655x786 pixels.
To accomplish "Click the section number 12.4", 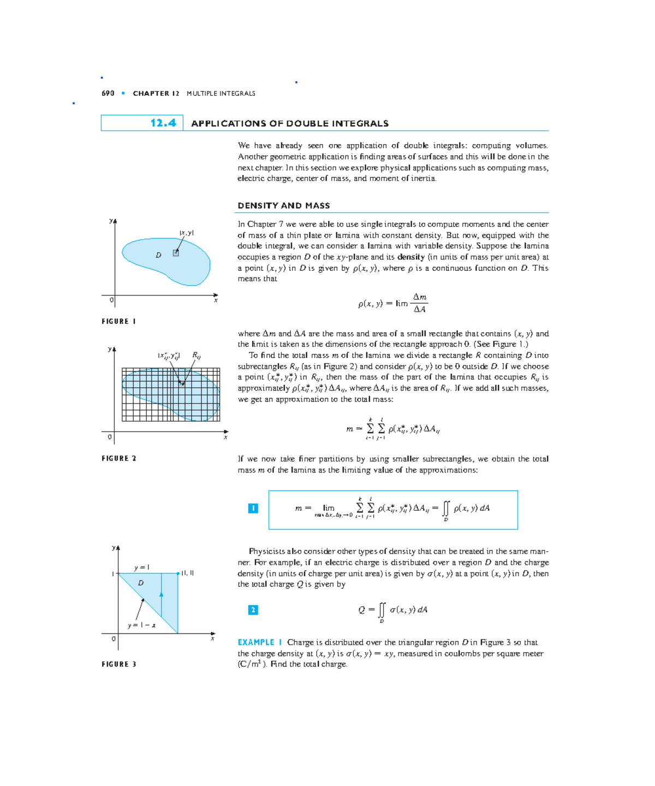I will tap(163, 123).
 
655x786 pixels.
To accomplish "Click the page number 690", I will tap(108, 93).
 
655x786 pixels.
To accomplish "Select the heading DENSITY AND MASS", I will tap(284, 206).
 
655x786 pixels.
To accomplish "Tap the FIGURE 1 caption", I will tap(118, 322).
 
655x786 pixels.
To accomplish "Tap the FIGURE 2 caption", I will tap(118, 459).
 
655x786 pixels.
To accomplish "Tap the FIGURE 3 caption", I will tap(118, 665).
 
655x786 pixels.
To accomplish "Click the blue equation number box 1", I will tap(253, 509).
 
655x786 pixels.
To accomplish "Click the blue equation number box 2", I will tap(253, 610).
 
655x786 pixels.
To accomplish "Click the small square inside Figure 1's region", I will tap(176, 253).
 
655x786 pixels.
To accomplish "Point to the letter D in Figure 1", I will tap(158, 255).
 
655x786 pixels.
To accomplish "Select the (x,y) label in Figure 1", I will tap(187, 233).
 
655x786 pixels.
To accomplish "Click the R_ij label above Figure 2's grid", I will tap(196, 356).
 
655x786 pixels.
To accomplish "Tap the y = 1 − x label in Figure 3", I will tap(141, 625).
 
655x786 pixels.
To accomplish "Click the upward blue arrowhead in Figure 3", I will tap(161, 594).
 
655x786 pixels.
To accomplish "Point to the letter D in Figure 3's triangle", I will tap(141, 583).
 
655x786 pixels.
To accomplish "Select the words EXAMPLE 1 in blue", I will tap(260, 643).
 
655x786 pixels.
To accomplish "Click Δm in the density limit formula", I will tap(419, 297).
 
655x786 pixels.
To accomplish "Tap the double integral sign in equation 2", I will tap(382, 610).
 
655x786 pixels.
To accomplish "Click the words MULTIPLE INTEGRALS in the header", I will tap(221, 93).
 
